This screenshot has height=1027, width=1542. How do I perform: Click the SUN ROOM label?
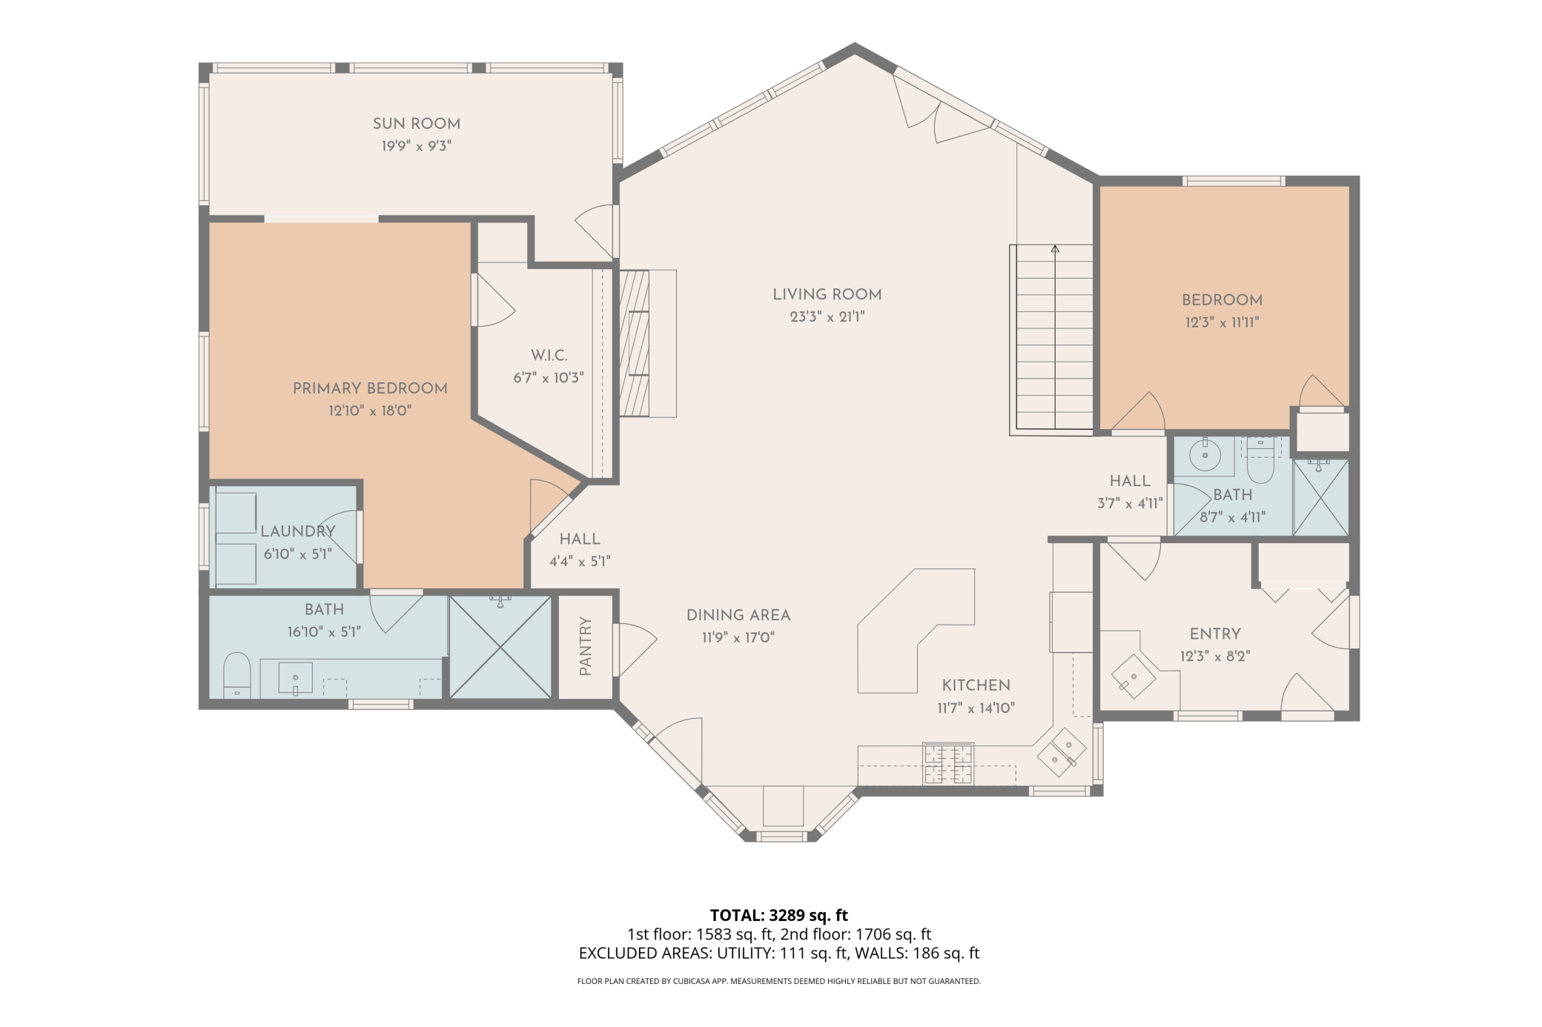(416, 124)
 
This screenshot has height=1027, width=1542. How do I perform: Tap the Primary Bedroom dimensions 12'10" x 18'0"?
(369, 411)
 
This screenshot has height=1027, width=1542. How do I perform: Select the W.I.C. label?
(549, 355)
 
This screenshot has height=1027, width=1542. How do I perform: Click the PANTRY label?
(585, 646)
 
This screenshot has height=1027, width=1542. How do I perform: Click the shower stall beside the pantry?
(500, 647)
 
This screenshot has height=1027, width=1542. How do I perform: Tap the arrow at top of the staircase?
(1054, 250)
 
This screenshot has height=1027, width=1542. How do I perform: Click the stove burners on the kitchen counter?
(947, 764)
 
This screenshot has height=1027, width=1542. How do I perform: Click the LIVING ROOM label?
(827, 294)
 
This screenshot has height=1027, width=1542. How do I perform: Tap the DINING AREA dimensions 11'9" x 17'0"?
(738, 637)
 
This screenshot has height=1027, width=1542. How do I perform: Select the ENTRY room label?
(1214, 634)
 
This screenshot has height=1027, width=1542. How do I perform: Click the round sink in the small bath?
(1205, 454)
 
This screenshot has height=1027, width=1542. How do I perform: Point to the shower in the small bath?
(1320, 498)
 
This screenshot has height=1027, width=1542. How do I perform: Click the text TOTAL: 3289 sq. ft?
(778, 914)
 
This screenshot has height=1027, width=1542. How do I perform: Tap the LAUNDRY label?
(297, 531)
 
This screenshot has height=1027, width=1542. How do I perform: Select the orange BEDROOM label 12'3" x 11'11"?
(1222, 300)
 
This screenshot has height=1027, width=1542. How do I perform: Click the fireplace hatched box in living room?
(634, 343)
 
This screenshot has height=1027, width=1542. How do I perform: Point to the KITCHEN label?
(976, 685)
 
